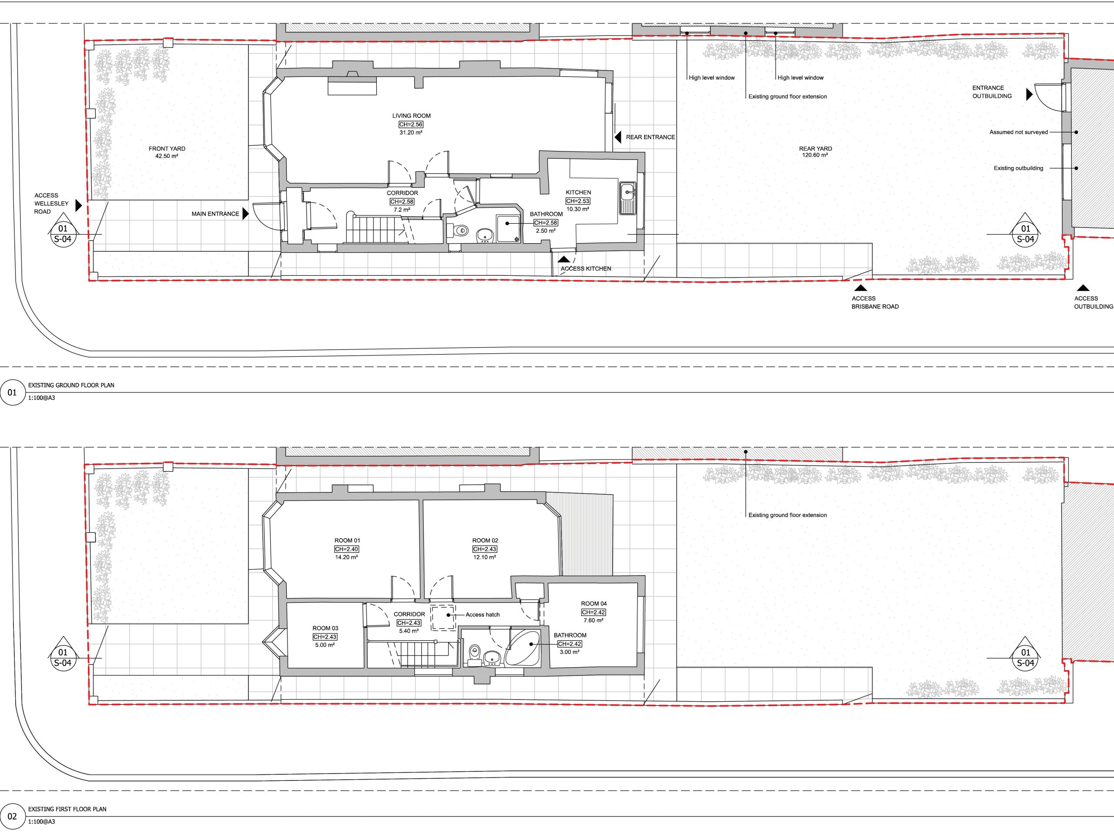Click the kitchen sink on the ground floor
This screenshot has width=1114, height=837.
pos(627,198)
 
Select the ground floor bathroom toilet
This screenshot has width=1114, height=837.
pos(458,231)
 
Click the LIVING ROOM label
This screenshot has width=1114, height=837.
pos(412,116)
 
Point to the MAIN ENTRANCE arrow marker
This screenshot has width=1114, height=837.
pos(245,214)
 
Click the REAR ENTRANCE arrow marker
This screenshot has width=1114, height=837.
pos(617,137)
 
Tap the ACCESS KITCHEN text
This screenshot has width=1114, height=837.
pos(586,269)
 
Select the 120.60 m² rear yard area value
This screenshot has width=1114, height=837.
pos(815,156)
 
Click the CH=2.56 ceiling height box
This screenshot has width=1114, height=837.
pos(411,124)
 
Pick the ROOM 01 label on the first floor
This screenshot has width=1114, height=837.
pos(347,541)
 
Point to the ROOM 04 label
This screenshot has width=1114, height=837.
pos(594,604)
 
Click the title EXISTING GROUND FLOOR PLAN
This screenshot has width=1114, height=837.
pos(71,385)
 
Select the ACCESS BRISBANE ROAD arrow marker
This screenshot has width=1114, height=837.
pos(861,288)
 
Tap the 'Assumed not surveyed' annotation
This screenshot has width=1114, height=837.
pos(1018,132)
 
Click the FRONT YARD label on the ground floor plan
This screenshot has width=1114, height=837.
pos(167,149)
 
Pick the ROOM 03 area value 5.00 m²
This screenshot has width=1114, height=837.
pos(325,645)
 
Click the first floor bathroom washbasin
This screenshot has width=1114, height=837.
pos(492,657)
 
